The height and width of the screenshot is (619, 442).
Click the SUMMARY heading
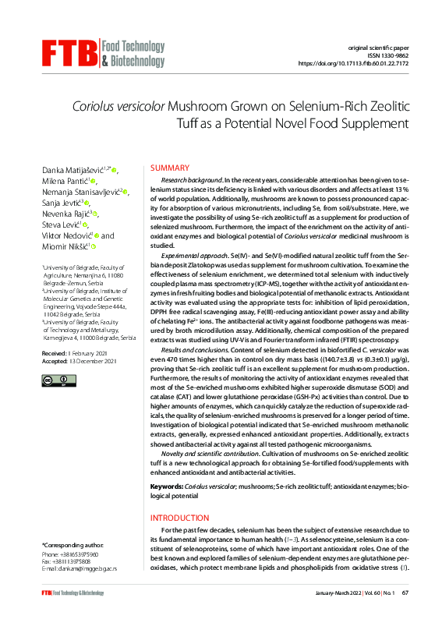[x=169, y=168]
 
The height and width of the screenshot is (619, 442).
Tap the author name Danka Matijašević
[x=73, y=169]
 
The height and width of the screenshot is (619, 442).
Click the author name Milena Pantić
[x=62, y=181]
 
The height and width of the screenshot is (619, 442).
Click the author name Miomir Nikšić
[x=63, y=246]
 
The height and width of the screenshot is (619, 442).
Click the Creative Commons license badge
[x=52, y=380]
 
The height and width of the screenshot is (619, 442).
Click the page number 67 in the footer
[x=406, y=593]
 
